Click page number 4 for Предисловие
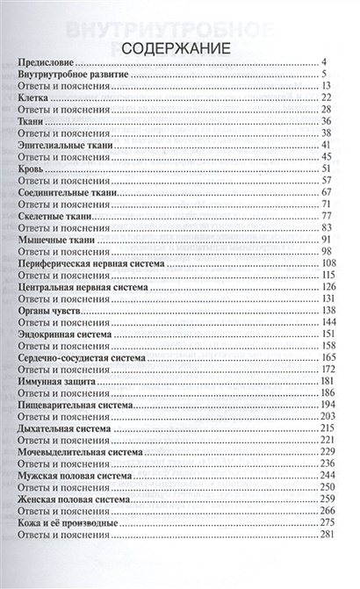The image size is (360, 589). tap(324, 63)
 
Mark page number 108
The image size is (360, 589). tap(329, 262)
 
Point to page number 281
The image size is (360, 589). tap(329, 535)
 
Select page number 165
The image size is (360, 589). tap(329, 357)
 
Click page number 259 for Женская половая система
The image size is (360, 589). tap(329, 499)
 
